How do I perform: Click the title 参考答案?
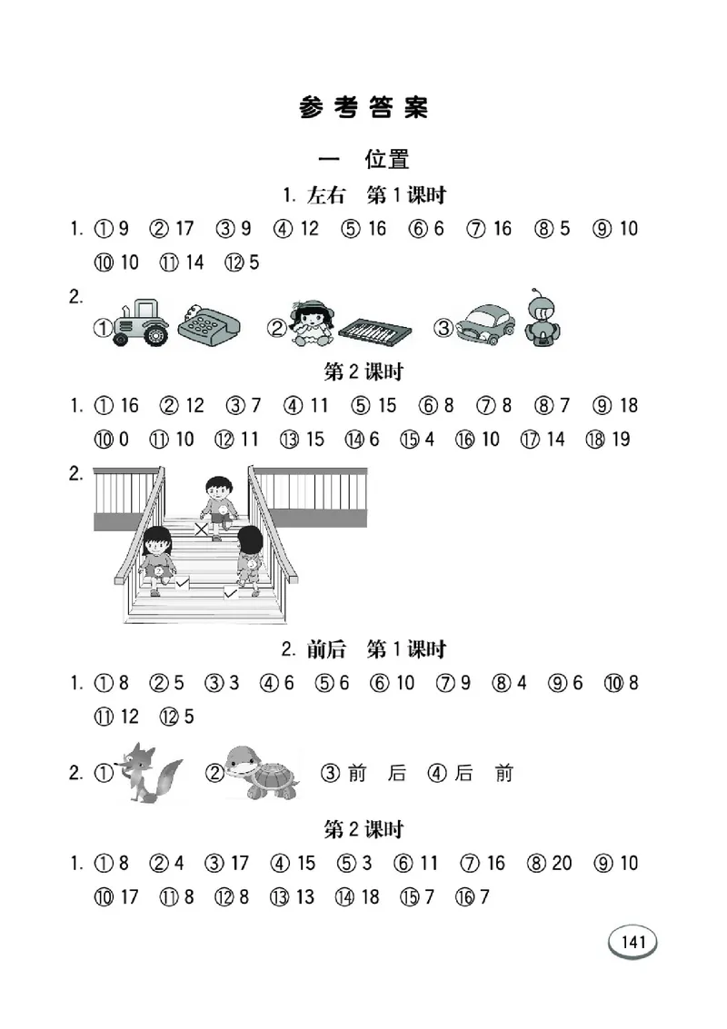pyautogui.click(x=363, y=108)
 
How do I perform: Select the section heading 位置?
pyautogui.click(x=386, y=159)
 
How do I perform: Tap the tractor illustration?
pyautogui.click(x=141, y=323)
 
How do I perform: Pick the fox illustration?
pyautogui.click(x=152, y=772)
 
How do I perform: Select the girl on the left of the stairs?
pyautogui.click(x=158, y=558)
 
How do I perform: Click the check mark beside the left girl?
pyautogui.click(x=182, y=582)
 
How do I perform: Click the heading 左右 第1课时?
pyautogui.click(x=363, y=194)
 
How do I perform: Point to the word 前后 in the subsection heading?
pyautogui.click(x=324, y=649)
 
